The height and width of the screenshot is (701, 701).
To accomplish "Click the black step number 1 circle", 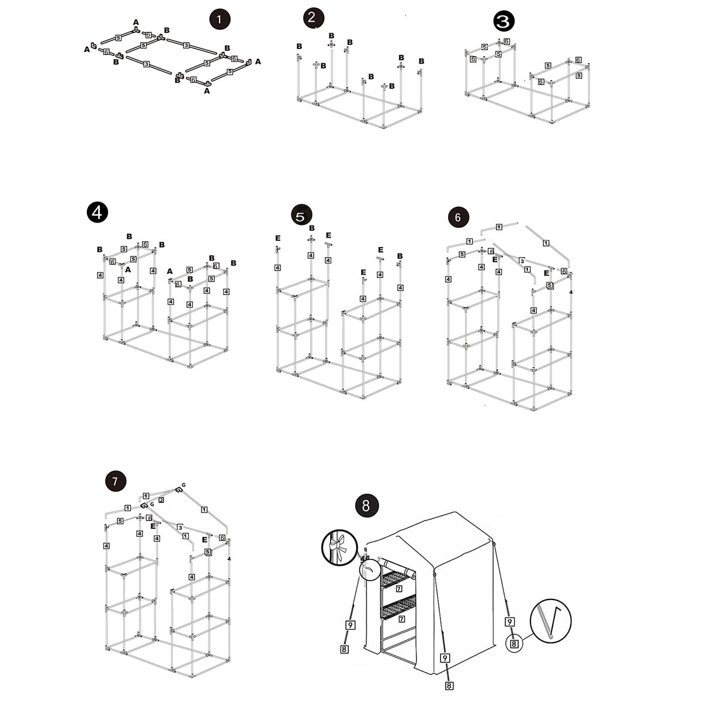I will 219,19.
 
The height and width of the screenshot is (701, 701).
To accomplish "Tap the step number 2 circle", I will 313,18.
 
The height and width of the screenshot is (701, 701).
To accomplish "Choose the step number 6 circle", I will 457,217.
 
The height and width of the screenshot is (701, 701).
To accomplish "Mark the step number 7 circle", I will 115,481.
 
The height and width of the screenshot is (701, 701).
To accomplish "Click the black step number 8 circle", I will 366,505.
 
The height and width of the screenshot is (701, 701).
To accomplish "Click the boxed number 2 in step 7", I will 161,500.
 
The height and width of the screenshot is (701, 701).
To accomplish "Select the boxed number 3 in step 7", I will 181,528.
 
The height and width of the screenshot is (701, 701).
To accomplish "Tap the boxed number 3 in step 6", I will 522,261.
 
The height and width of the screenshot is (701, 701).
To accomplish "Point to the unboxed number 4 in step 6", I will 570,291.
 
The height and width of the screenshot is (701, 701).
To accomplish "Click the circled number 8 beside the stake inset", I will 514,644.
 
